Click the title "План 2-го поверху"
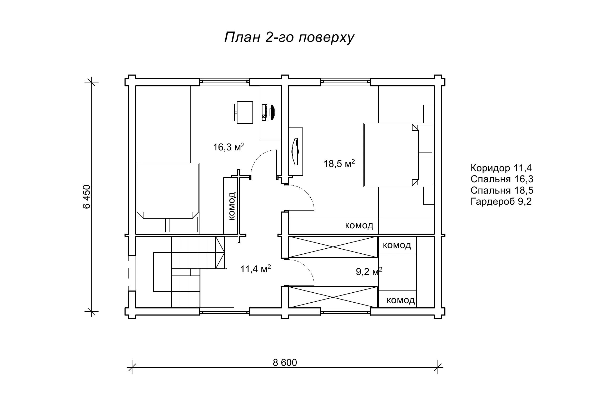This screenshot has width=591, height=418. [x=289, y=38]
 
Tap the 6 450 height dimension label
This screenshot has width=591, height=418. [x=87, y=196]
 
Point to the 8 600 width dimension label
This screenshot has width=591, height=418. [x=285, y=363]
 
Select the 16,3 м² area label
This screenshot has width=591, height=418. [x=229, y=147]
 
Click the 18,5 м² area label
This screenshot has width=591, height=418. [x=339, y=163]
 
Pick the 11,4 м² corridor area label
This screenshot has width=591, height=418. [x=256, y=269]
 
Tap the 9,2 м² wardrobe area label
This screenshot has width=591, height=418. [x=369, y=272]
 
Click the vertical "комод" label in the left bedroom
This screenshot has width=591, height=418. [x=232, y=206]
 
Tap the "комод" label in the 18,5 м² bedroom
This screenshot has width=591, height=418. [x=359, y=225]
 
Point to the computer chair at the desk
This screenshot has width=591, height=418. [x=242, y=112]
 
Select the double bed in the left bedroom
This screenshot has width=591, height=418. [x=168, y=198]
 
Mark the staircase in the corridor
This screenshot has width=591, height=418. [x=189, y=272]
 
